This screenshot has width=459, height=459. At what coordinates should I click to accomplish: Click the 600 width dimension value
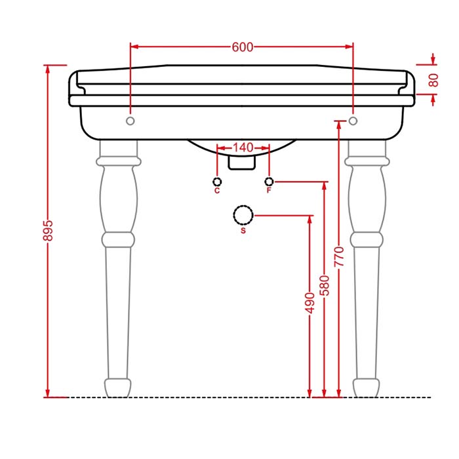coord(243,47)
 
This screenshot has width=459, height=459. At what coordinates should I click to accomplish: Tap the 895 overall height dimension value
coord(48,231)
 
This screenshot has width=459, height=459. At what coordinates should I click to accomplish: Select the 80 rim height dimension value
coord(433,80)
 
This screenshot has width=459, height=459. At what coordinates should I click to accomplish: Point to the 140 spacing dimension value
coord(243,148)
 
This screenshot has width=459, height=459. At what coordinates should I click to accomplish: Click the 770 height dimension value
coord(339,257)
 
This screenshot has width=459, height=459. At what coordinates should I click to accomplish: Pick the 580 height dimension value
coord(325,285)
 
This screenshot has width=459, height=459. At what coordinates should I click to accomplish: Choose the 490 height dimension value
coord(309,303)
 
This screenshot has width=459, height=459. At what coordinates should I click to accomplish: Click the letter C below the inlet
coord(217,191)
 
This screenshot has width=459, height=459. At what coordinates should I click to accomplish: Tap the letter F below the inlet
coord(269,191)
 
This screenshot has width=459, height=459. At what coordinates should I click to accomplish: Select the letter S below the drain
coord(243,231)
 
